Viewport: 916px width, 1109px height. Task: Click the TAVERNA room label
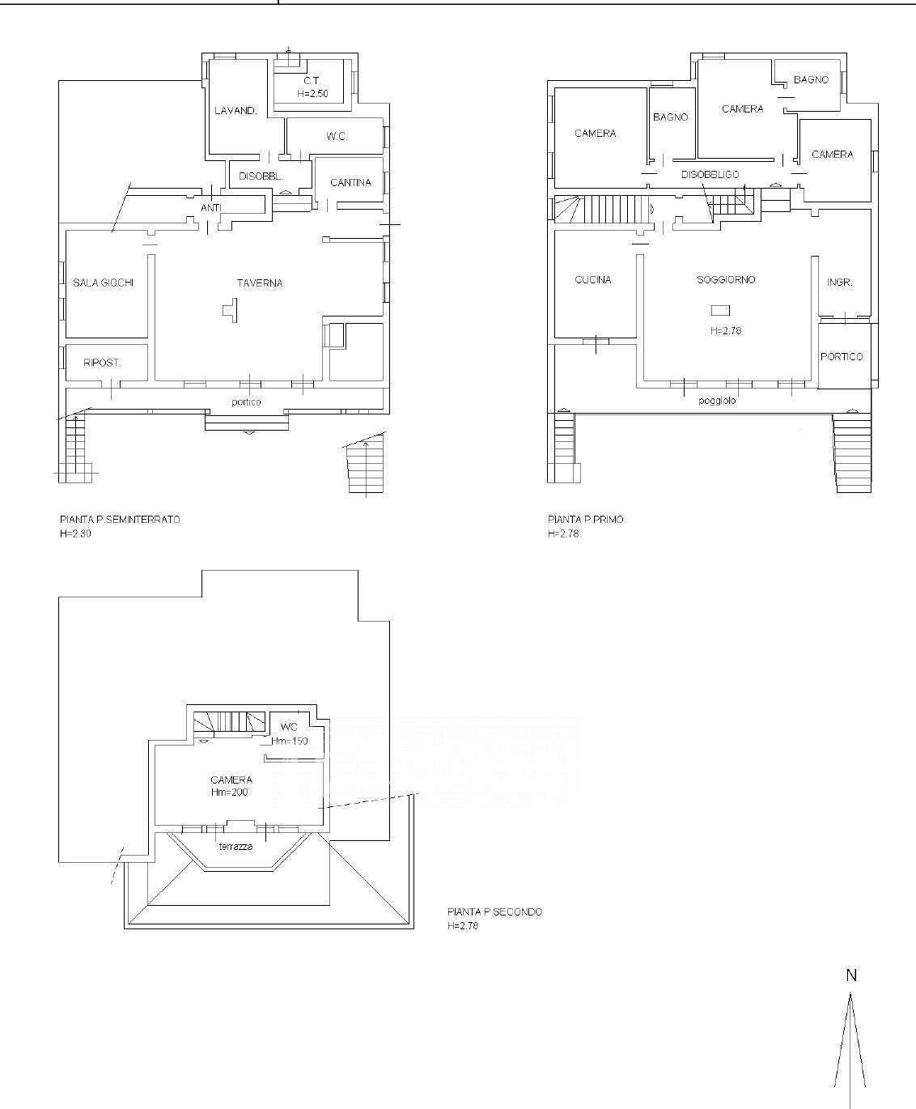coord(260,283)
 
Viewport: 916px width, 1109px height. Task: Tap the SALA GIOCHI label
coord(103,283)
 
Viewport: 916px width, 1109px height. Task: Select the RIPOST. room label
coord(102,363)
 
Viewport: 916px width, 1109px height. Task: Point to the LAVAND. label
coord(235,111)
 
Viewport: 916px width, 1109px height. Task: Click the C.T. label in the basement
coord(311,81)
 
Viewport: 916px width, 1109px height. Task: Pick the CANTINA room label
coord(350,183)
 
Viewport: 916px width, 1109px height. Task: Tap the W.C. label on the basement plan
coord(337,137)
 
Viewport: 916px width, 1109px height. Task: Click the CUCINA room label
coord(593,280)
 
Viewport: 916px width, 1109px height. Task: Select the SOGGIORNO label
coord(726,279)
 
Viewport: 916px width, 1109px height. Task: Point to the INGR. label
coord(840,283)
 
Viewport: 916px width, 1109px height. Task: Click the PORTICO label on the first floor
coord(842,356)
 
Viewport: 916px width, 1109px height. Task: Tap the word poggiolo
coord(717,401)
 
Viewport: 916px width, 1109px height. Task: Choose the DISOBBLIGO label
coord(710,175)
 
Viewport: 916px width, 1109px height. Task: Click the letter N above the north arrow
coord(851,975)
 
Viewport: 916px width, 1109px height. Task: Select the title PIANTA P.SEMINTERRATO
coord(120,520)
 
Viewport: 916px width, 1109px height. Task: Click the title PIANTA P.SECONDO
coord(494,911)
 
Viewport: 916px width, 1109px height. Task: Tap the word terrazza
coord(235,847)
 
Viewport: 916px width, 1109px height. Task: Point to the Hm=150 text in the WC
coord(289,741)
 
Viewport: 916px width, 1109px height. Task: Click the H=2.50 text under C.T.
coord(312,93)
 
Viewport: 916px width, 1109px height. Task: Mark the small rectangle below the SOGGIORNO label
coord(720,310)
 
